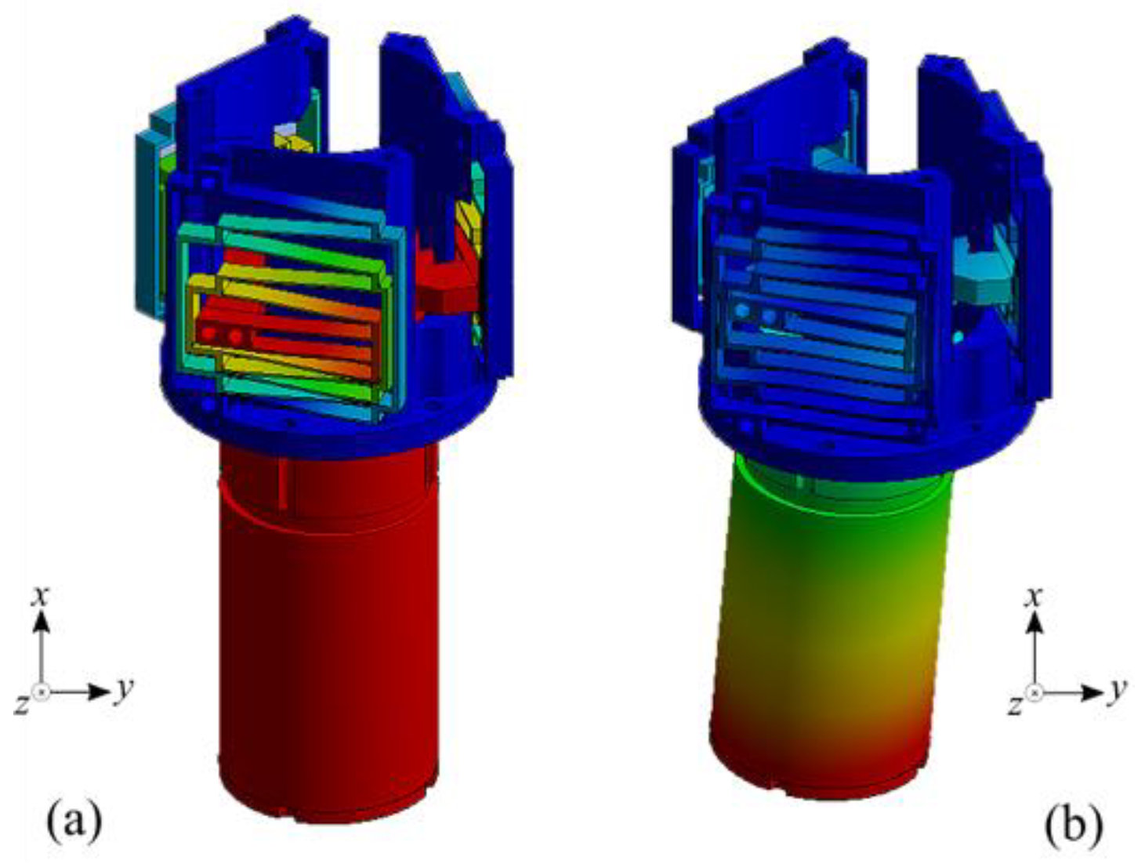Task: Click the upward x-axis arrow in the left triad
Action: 42,647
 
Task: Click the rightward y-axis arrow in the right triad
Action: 1070,692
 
